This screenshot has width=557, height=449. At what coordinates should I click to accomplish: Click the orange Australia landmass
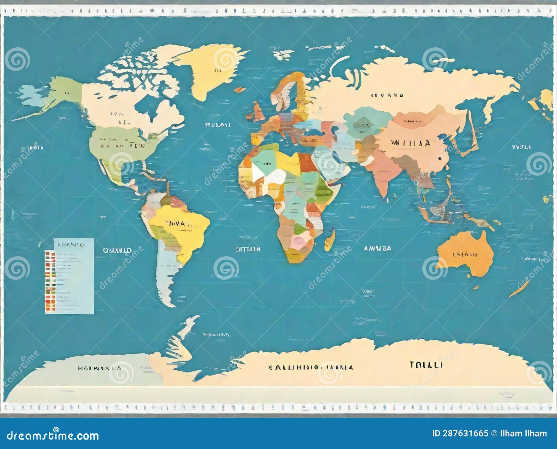(x=465, y=254)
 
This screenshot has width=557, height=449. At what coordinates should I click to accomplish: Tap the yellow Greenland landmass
(x=209, y=70)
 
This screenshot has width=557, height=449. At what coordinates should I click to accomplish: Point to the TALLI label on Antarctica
(x=426, y=365)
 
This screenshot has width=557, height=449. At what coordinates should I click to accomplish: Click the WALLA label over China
(x=410, y=143)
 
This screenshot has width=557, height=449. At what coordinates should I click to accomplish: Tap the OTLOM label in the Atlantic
(x=248, y=249)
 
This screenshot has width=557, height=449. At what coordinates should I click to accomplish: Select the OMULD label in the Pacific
(x=117, y=250)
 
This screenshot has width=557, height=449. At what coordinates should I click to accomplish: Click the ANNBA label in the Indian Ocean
(x=377, y=248)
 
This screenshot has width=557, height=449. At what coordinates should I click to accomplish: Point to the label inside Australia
(x=465, y=254)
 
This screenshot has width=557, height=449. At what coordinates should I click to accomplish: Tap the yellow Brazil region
(x=185, y=226)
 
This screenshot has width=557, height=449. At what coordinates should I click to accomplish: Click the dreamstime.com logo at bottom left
(x=53, y=435)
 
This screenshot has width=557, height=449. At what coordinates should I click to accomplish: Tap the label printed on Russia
(x=387, y=95)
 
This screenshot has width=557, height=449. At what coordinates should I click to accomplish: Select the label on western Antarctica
(x=100, y=368)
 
